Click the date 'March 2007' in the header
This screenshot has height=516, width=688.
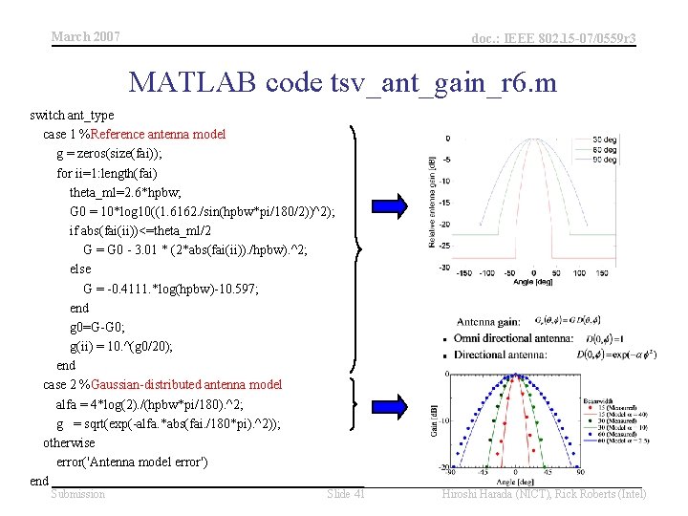point(85,36)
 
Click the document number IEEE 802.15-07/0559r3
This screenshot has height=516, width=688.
point(554,37)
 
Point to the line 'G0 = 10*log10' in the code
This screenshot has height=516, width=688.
point(202,211)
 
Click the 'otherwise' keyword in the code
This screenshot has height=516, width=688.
point(69,442)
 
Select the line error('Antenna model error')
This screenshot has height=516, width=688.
point(139,462)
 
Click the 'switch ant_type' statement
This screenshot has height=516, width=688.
point(70,115)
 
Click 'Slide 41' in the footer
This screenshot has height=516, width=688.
point(345,494)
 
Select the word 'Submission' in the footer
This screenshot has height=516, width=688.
point(78,494)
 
